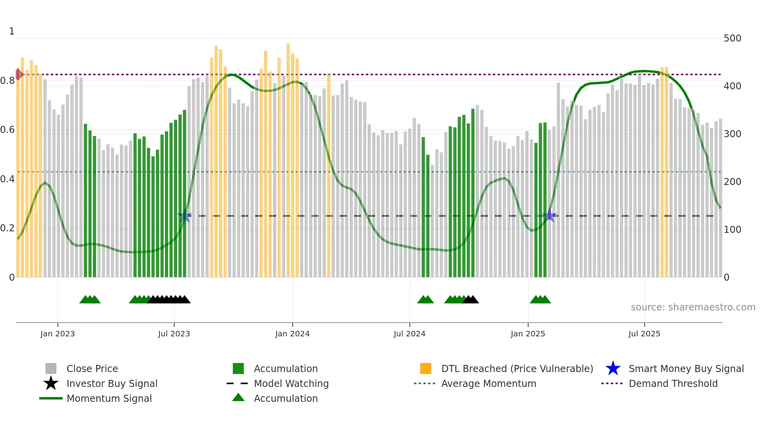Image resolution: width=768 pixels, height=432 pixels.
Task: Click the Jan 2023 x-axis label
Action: click(58, 334)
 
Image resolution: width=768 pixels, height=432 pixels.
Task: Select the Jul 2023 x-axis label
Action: click(174, 334)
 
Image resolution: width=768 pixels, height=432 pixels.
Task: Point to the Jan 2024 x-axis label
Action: click(292, 334)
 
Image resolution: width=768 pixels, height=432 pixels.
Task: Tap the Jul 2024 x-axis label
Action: click(409, 334)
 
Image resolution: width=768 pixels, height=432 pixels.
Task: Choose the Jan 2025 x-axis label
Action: click(528, 334)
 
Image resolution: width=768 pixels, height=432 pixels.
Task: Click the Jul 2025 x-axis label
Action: click(644, 334)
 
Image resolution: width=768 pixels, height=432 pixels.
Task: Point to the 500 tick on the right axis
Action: click(732, 38)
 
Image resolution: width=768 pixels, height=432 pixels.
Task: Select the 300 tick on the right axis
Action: click(732, 134)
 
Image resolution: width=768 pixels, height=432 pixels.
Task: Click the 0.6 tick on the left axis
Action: click(8, 130)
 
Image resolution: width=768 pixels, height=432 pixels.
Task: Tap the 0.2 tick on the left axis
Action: click(8, 228)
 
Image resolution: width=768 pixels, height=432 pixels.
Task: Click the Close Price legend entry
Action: click(92, 369)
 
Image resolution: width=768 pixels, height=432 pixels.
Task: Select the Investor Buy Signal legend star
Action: click(51, 383)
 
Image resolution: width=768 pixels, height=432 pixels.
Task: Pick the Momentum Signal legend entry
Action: click(109, 399)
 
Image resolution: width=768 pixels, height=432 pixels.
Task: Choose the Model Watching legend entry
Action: click(291, 384)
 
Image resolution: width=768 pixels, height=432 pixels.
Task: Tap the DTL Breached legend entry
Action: click(517, 369)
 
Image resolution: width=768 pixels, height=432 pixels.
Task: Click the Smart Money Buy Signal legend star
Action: click(613, 368)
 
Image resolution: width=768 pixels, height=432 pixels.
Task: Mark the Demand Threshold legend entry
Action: click(673, 384)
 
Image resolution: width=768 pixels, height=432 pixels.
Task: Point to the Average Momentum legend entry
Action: click(489, 384)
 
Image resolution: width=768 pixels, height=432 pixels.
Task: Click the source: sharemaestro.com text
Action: click(693, 307)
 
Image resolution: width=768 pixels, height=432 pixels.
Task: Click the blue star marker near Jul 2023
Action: click(185, 216)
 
